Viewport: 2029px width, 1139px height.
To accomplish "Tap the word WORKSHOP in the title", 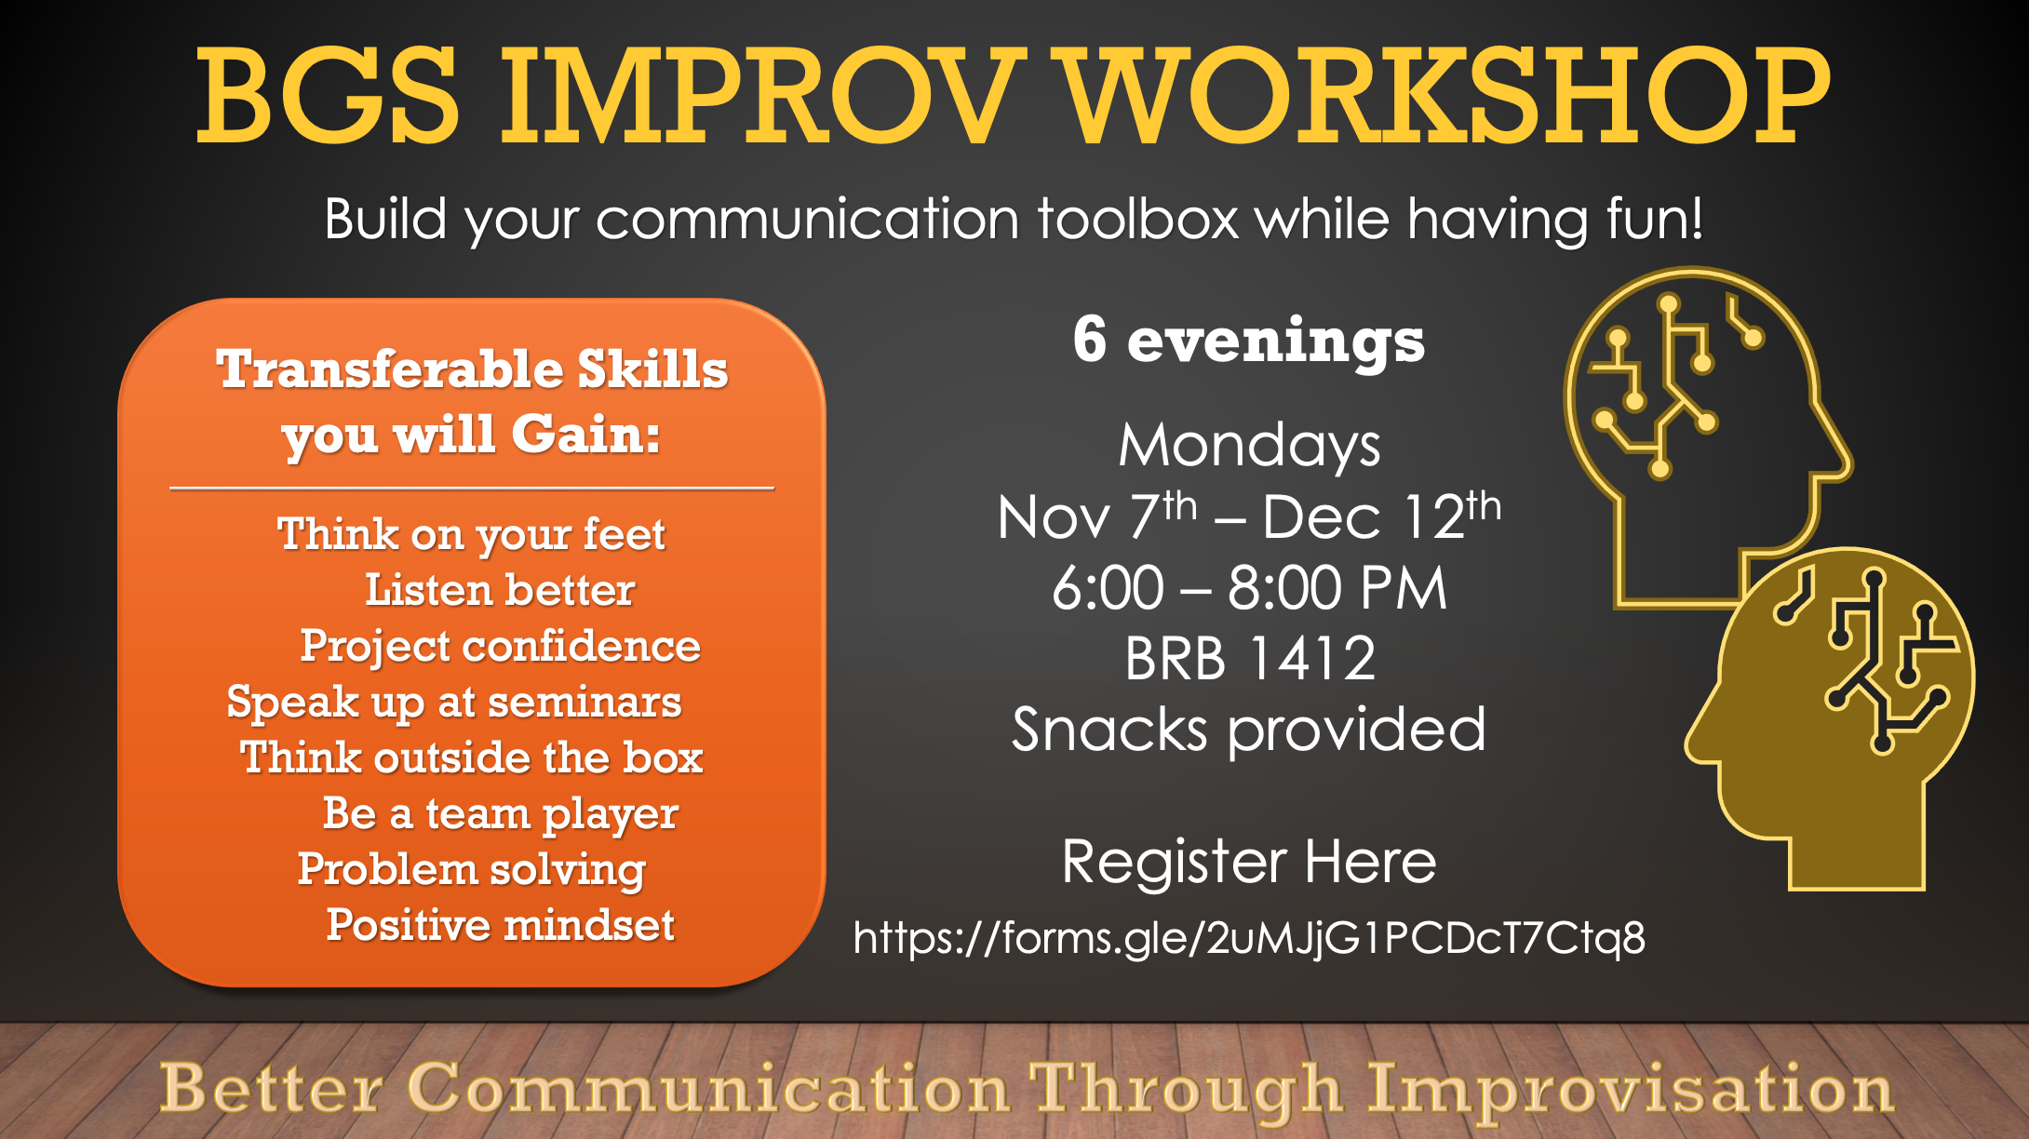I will click(x=1445, y=96).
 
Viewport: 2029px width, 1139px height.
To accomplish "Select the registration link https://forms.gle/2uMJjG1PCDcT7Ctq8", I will click(x=1249, y=938).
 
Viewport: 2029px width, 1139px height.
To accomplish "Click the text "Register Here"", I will click(x=1249, y=862).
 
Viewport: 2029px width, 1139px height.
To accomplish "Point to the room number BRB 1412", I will click(x=1249, y=659).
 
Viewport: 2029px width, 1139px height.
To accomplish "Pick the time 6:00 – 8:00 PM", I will click(x=1249, y=588).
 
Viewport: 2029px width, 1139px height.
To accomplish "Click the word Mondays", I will click(x=1249, y=445).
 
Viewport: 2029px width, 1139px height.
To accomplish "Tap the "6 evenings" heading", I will click(x=1249, y=341).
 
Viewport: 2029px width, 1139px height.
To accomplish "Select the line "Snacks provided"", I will click(x=1249, y=730).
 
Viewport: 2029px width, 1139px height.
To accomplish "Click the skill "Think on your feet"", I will click(x=471, y=534).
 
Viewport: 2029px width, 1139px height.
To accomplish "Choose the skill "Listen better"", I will click(x=500, y=590).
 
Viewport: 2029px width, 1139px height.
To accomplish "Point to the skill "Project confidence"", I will click(x=500, y=646).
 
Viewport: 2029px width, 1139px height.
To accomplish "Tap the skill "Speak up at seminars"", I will click(x=454, y=702).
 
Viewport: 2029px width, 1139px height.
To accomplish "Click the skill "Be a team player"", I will click(x=500, y=813).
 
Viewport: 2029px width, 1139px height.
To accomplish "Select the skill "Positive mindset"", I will click(x=500, y=925).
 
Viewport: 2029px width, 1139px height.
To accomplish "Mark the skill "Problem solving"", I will click(x=471, y=869).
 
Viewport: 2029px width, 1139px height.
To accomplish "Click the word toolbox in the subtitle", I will click(x=1137, y=220).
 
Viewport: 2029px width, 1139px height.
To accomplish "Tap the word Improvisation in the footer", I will click(x=1629, y=1089).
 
